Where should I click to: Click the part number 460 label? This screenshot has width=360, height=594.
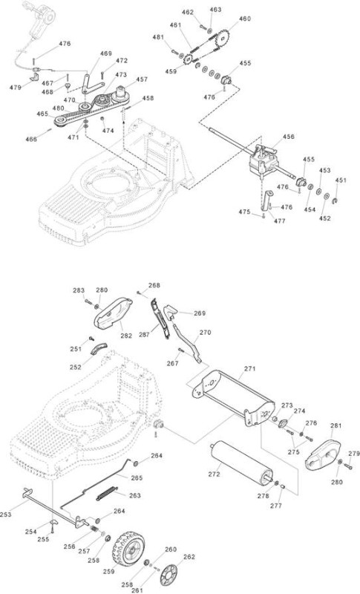pyautogui.click(x=244, y=19)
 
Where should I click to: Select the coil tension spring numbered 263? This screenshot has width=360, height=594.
pyautogui.click(x=108, y=493)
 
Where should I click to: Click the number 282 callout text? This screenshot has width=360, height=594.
pyautogui.click(x=126, y=336)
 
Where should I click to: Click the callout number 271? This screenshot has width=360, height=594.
pyautogui.click(x=250, y=368)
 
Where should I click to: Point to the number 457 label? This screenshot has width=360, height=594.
pyautogui.click(x=142, y=79)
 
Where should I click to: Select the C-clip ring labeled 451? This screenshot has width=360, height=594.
pyautogui.click(x=335, y=200)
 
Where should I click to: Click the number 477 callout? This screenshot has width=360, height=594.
pyautogui.click(x=279, y=221)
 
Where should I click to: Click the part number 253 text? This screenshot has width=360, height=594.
pyautogui.click(x=6, y=514)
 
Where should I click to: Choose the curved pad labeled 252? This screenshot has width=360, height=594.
pyautogui.click(x=99, y=347)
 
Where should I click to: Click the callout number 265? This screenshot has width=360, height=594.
pyautogui.click(x=137, y=477)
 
